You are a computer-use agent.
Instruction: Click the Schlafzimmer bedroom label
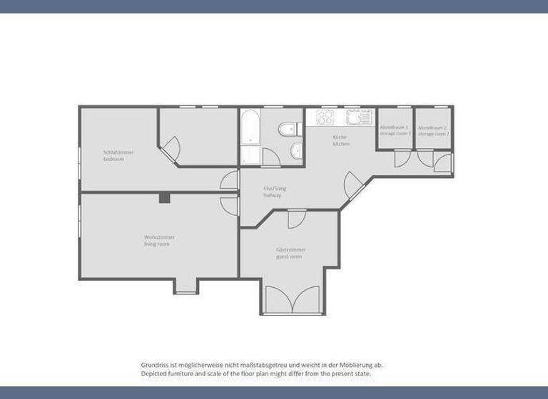pos(118,155)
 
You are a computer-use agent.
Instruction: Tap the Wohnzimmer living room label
pos(159,240)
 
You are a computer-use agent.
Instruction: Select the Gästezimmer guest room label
pos(289,253)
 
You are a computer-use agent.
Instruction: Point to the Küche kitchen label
pos(341,140)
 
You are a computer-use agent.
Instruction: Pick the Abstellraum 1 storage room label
pos(395,130)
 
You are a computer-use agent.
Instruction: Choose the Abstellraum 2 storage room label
pos(434,130)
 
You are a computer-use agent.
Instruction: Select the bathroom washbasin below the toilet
pos(296,151)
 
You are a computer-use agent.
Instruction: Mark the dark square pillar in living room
pos(165,197)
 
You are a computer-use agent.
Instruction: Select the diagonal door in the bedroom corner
pos(172,150)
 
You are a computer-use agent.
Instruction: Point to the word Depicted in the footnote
pos(154,373)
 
